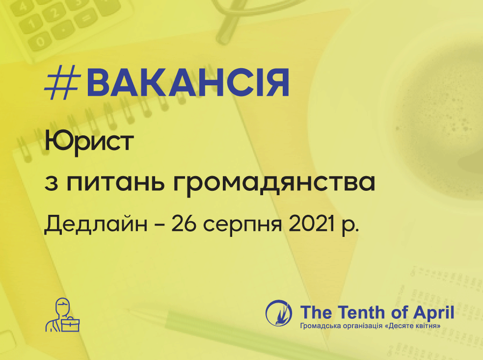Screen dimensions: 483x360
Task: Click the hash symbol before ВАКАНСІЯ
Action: (62, 83)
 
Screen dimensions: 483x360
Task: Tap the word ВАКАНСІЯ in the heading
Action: (188, 83)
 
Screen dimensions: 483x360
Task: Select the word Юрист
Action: (89, 142)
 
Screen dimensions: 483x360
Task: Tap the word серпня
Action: (242, 225)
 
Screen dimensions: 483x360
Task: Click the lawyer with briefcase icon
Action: (62, 315)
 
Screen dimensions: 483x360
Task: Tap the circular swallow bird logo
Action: (278, 313)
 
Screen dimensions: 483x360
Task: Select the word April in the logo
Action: (433, 313)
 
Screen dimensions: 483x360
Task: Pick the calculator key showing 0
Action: (40, 42)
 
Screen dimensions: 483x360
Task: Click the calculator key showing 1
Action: (30, 24)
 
